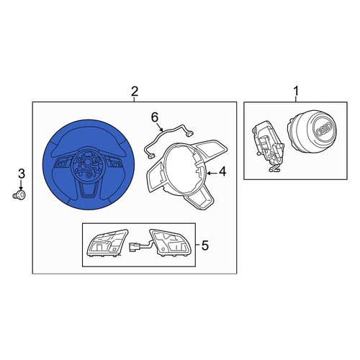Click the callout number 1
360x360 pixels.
coord(296,91)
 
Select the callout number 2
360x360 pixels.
coord(135,91)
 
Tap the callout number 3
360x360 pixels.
coord(22,174)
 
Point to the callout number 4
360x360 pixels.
coord(222,172)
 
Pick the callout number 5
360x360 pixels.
coord(204,246)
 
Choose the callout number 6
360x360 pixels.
coord(155,117)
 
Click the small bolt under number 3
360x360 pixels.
coord(19,195)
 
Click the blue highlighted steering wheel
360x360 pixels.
coord(89,164)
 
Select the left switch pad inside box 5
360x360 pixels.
coord(107,243)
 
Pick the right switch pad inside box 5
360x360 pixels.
coord(170,242)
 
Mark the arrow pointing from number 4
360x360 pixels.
coord(212,173)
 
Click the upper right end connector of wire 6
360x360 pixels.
coord(190,133)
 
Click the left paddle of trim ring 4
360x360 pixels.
coord(156,176)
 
